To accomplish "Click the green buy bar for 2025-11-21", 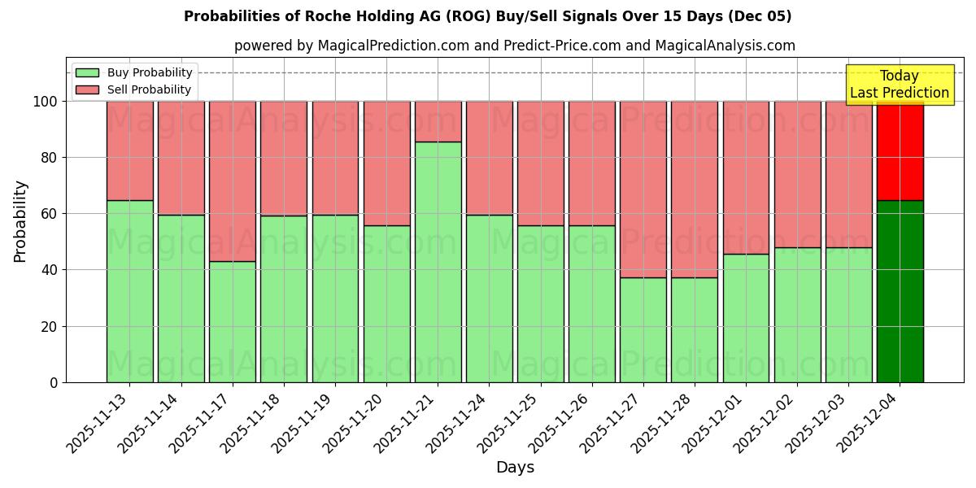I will [x=438, y=262].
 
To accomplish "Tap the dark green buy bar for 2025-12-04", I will [x=900, y=291].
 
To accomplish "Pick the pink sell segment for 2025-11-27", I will [x=643, y=190].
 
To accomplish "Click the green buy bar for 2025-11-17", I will [x=233, y=321].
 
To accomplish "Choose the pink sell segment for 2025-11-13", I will [x=130, y=150].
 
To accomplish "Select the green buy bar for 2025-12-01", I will [x=746, y=318].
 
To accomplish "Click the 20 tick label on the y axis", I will [x=50, y=326].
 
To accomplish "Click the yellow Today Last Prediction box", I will [x=899, y=85].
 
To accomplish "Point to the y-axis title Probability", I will [x=20, y=221].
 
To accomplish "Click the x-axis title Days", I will [x=515, y=468].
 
